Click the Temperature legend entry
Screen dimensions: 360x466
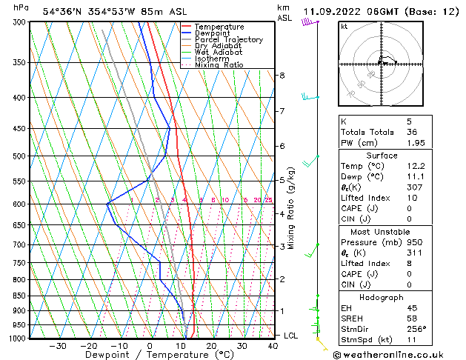pos(219,27)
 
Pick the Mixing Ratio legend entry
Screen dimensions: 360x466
pos(219,65)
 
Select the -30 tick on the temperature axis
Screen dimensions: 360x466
pos(58,346)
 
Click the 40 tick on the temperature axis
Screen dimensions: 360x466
pos(273,346)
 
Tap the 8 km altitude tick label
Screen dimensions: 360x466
pos(282,76)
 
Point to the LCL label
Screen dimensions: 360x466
pos(292,336)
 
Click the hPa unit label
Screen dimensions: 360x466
pos(21,7)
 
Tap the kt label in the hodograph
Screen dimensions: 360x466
pos(344,27)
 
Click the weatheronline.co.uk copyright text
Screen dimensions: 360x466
pos(398,355)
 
